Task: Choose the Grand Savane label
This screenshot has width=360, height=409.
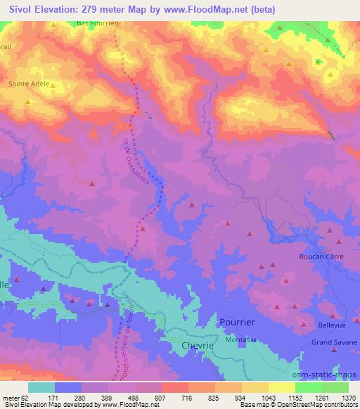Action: click(x=333, y=342)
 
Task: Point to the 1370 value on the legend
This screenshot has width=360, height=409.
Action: click(x=348, y=398)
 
